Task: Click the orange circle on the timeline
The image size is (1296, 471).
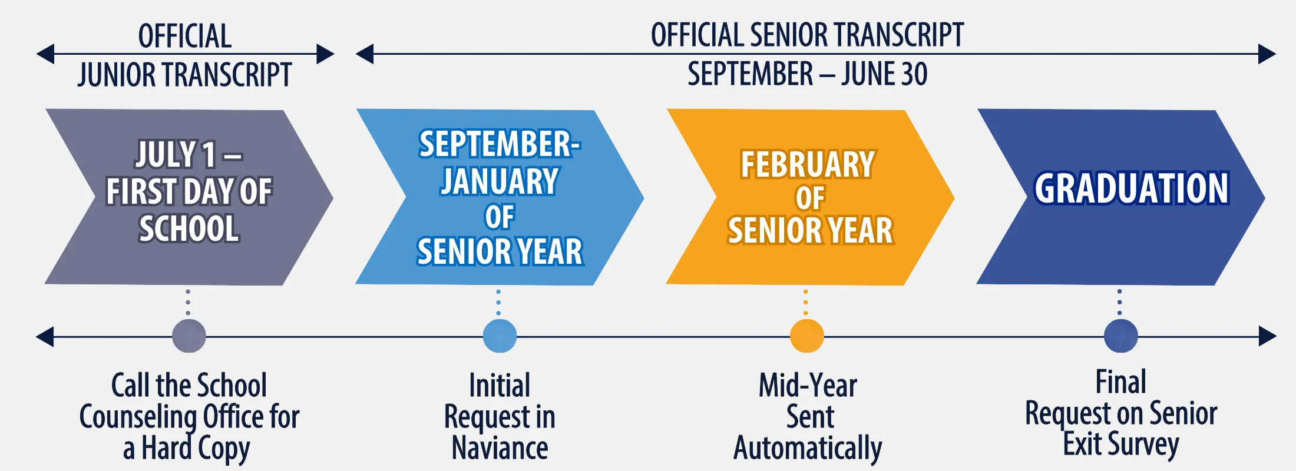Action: click(x=806, y=336)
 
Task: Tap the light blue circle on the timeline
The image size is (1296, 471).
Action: click(x=500, y=336)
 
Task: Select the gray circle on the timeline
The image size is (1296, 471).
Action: click(x=189, y=336)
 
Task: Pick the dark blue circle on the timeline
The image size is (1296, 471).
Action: click(x=1120, y=336)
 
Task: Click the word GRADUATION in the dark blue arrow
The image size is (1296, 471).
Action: click(x=1132, y=188)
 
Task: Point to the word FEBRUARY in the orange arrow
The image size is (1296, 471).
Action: click(x=808, y=164)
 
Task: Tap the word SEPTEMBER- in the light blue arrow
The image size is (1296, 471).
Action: click(x=500, y=144)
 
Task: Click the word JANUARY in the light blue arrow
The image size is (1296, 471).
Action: click(x=500, y=181)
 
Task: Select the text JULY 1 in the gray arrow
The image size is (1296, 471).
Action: click(x=176, y=154)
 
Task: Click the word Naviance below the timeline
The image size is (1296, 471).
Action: click(x=500, y=448)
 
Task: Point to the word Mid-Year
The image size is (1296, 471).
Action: click(x=808, y=386)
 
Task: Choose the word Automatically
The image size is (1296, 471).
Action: click(x=808, y=449)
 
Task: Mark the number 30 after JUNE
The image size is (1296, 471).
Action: click(x=914, y=74)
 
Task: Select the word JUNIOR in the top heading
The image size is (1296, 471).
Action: click(x=117, y=75)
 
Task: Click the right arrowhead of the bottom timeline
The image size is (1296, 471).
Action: click(x=1268, y=337)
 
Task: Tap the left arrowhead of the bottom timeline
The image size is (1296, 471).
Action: click(x=45, y=337)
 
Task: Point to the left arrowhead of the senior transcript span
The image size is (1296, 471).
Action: click(x=365, y=54)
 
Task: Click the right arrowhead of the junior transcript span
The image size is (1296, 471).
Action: click(x=325, y=54)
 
